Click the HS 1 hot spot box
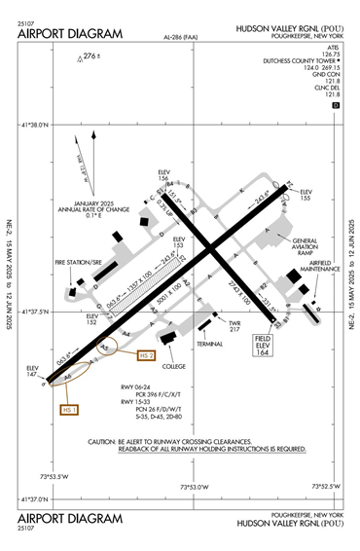(x=68, y=410)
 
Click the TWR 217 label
(x=234, y=327)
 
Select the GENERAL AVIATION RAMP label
(x=306, y=247)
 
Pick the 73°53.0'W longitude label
(x=195, y=486)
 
